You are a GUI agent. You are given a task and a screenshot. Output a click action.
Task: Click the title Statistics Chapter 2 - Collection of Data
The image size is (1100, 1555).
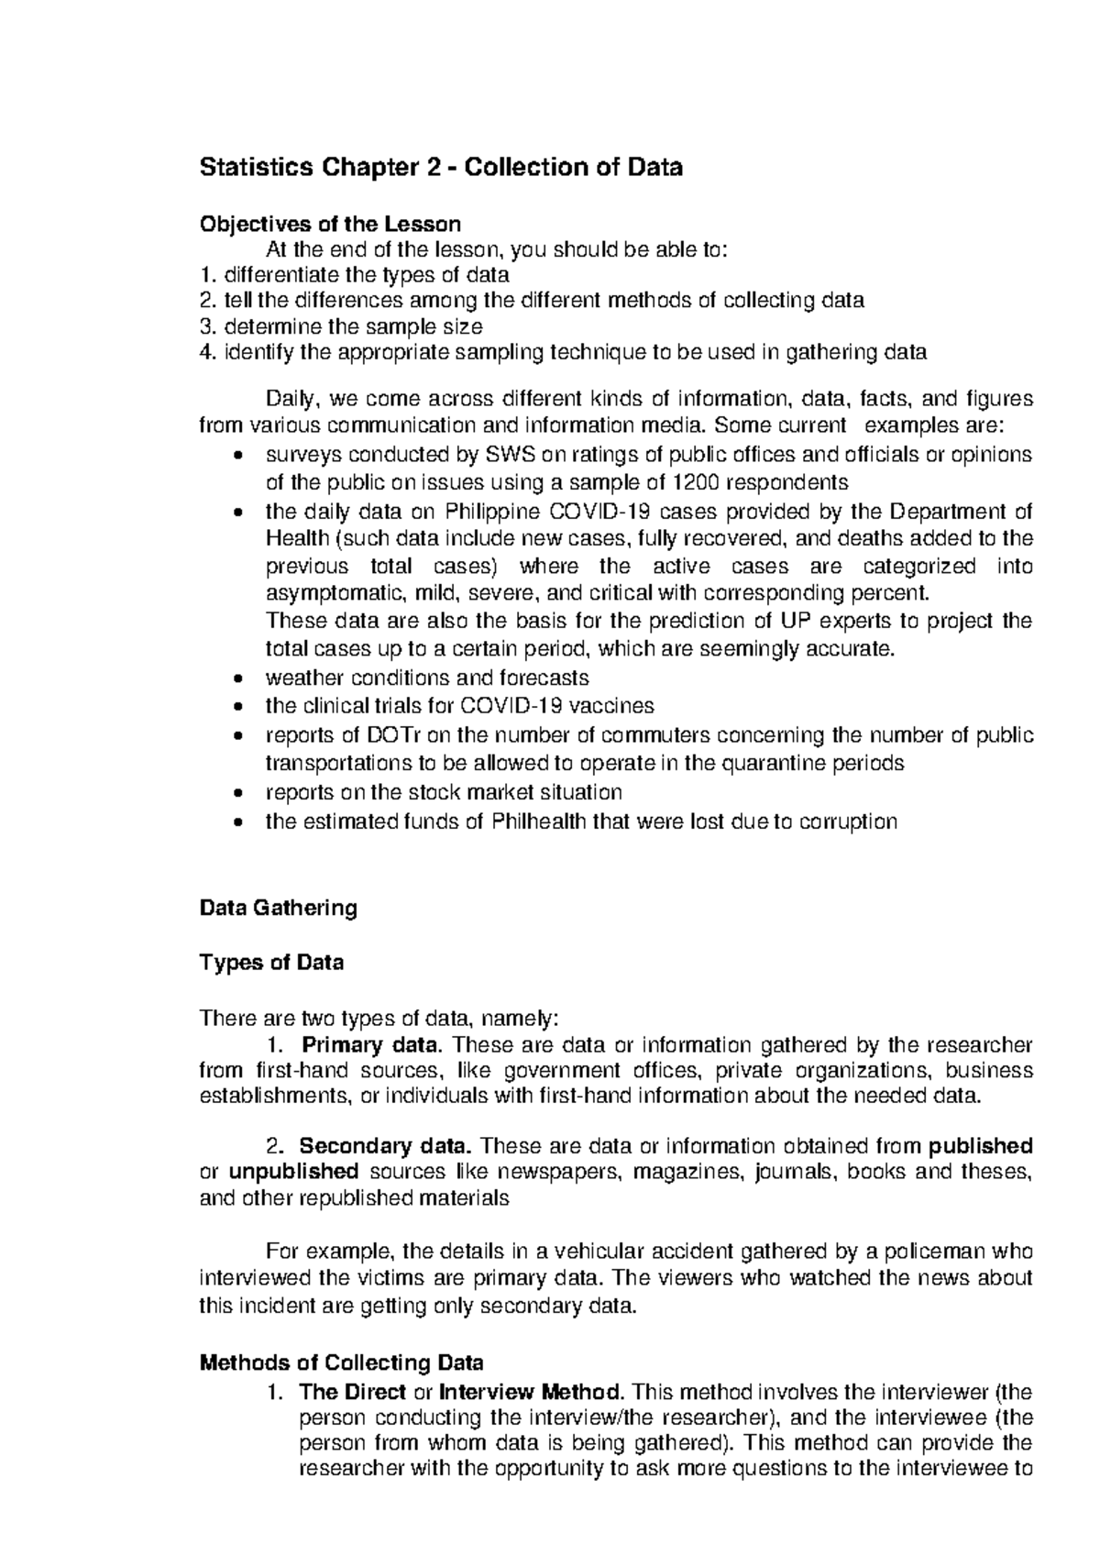(x=441, y=168)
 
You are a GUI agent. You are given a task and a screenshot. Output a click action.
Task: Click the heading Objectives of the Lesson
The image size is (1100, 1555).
(x=330, y=224)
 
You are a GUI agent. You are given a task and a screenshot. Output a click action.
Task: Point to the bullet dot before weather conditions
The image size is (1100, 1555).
(x=238, y=679)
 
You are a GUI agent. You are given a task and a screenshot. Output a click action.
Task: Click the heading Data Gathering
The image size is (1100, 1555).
(x=278, y=908)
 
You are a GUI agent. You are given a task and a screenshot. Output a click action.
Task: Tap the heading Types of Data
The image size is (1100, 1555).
(x=271, y=963)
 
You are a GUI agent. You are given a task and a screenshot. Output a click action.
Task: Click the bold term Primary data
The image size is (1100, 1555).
(x=372, y=1045)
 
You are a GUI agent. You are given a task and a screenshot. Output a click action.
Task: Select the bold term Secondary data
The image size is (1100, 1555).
(x=386, y=1146)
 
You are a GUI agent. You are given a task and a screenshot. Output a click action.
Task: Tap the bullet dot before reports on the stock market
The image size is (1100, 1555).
(x=238, y=793)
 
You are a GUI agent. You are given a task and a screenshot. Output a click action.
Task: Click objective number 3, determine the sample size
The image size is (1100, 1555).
(x=341, y=326)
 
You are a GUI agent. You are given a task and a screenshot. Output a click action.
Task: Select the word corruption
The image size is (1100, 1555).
(x=848, y=822)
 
